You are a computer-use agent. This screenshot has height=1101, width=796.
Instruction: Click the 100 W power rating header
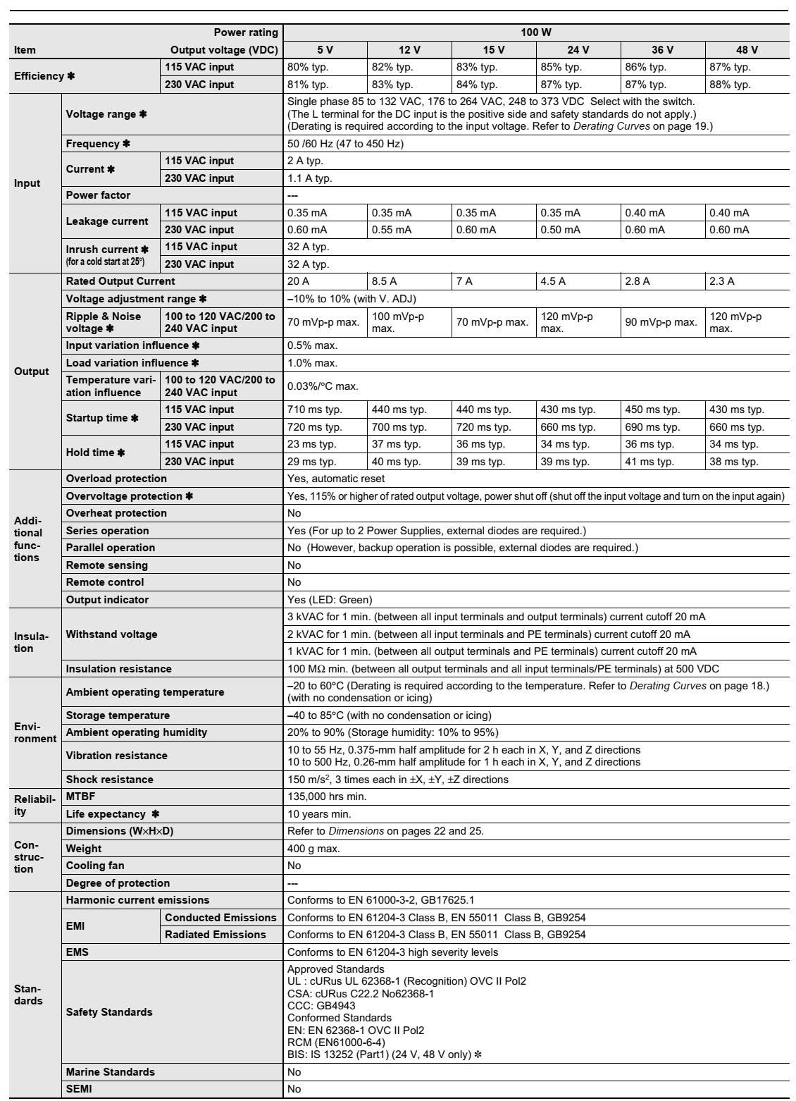point(535,32)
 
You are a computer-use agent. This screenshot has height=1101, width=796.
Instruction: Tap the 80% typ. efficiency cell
point(308,68)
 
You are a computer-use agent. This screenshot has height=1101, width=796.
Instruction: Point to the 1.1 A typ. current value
point(310,178)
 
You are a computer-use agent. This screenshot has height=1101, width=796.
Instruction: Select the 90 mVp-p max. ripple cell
point(661,322)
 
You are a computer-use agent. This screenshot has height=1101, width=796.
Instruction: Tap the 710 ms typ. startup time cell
point(314,410)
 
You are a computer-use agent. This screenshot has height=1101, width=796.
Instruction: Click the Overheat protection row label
point(116,513)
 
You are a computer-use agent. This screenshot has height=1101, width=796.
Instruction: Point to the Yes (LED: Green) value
point(330,600)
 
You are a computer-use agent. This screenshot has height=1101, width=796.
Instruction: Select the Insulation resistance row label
point(118,669)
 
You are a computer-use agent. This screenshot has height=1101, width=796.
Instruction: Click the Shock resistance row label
point(109,780)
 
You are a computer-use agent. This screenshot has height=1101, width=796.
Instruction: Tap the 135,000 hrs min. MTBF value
point(327,796)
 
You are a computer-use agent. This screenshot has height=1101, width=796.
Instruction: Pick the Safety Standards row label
point(109,1012)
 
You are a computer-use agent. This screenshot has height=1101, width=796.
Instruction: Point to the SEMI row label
point(78,1090)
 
